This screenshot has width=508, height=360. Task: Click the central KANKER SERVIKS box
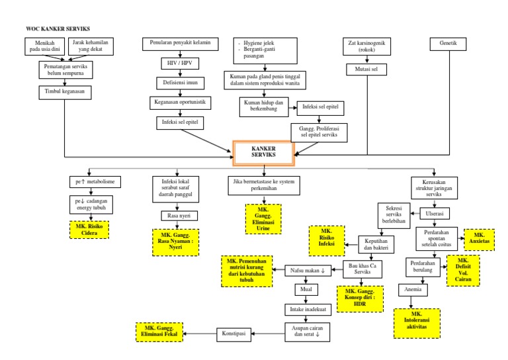pos(263,153)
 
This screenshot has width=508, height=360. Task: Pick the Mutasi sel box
pos(366,69)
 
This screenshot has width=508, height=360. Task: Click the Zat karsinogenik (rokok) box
pos(366,47)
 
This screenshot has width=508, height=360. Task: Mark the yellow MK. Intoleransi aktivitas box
pos(417,320)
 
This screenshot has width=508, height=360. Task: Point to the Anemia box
pos(413,290)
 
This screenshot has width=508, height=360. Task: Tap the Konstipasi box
pos(235,334)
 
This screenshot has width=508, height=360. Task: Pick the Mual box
pos(306,290)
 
